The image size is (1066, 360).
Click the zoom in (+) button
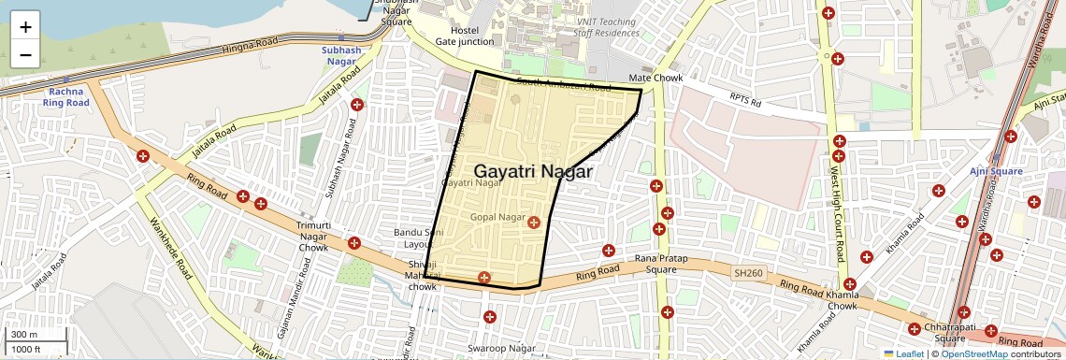coord(25,26)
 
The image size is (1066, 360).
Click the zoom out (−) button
coord(25,54)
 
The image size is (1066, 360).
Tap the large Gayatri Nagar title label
coord(533,172)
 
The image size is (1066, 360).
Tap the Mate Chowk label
coord(656,79)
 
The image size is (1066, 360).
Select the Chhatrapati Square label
coord(944,333)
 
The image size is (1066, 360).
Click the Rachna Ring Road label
coord(65,96)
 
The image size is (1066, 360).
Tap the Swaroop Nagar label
coord(502,349)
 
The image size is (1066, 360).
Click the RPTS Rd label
coord(746,97)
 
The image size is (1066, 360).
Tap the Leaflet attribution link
coord(903,354)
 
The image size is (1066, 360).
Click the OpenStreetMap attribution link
coord(973,354)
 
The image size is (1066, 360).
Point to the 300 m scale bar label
coord(24,335)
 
